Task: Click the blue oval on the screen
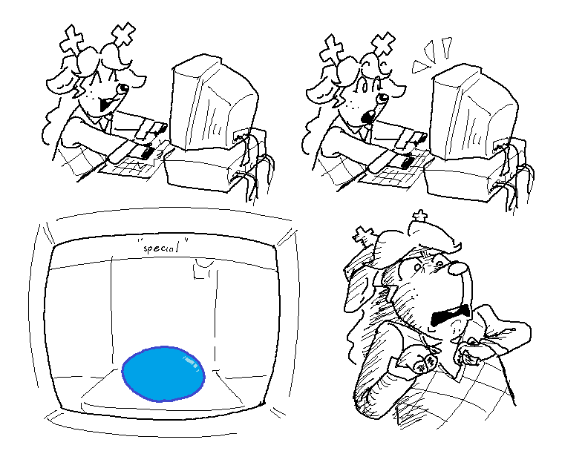(163, 374)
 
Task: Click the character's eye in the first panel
(124, 88)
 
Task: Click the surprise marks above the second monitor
(431, 53)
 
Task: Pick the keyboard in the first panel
(133, 161)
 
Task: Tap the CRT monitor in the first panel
(213, 104)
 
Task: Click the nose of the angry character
(457, 267)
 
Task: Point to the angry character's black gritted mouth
(451, 315)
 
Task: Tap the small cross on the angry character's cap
(420, 216)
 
